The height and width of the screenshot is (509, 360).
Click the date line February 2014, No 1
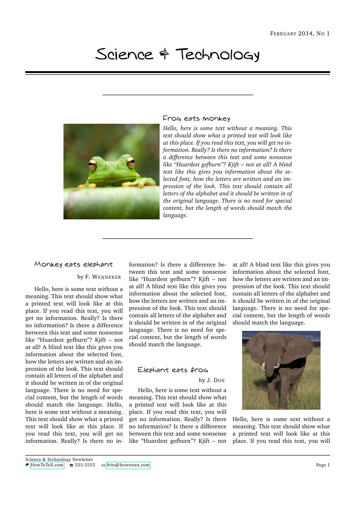point(300,34)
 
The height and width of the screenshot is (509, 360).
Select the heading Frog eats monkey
point(196,118)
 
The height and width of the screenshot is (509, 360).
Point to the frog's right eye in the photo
point(131,162)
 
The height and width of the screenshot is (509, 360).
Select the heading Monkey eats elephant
point(73,264)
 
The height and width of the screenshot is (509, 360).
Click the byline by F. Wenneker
point(99,276)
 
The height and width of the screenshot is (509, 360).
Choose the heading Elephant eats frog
point(173,370)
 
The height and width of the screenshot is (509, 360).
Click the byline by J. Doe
point(212,380)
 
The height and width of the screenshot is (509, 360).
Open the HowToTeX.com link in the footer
point(47,465)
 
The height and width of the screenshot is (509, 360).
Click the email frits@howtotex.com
point(128,465)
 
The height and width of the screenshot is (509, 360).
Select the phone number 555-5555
point(85,465)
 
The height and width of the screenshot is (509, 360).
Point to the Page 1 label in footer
point(323,465)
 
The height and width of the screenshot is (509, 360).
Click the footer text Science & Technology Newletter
point(59,459)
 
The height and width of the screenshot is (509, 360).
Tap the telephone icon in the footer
point(71,465)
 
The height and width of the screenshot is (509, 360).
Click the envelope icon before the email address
point(103,465)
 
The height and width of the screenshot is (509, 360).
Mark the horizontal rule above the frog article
point(178,95)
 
